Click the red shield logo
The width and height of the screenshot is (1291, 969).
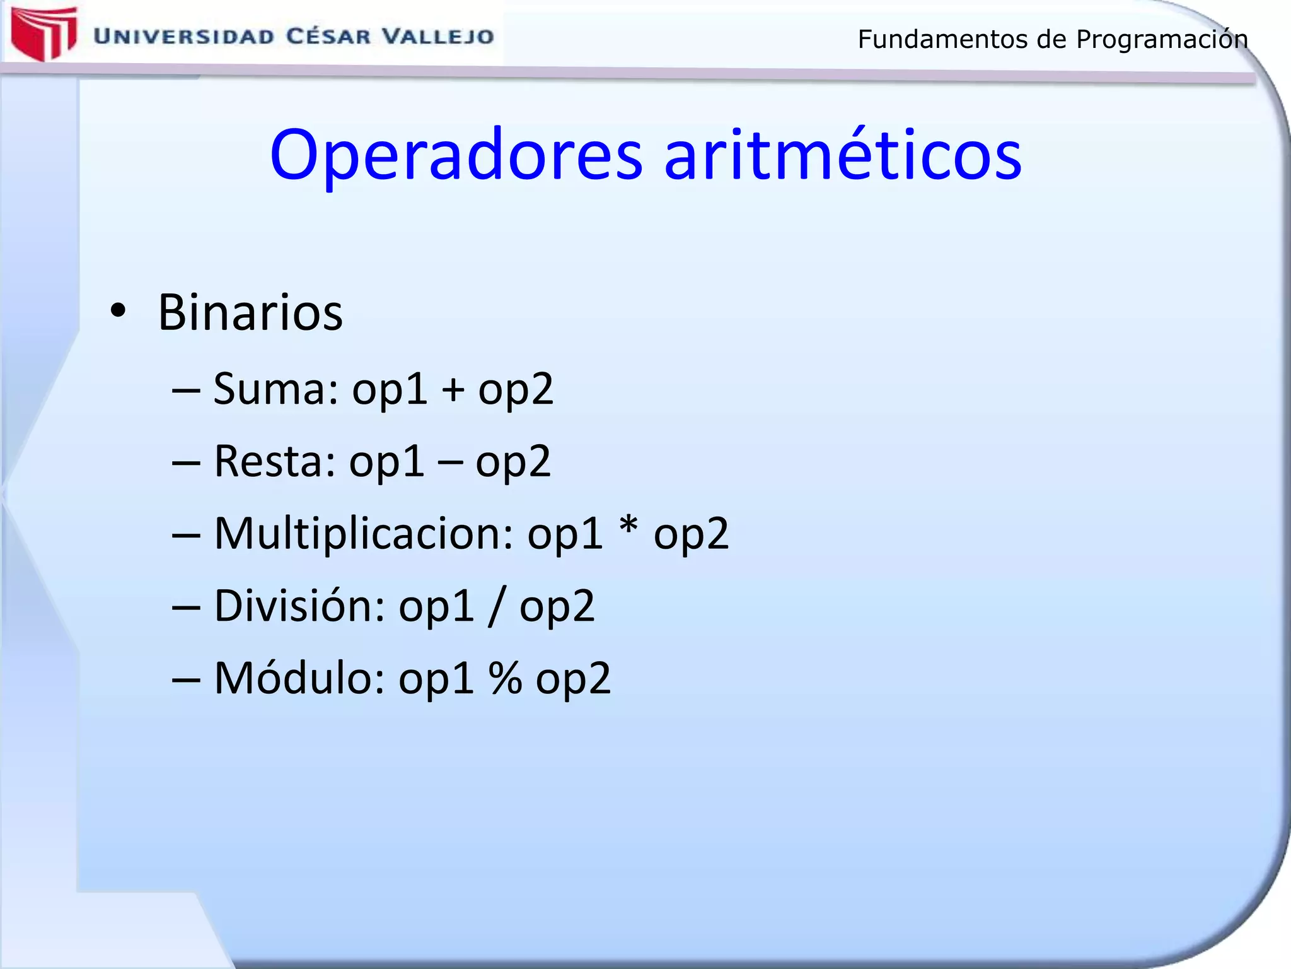click(x=43, y=33)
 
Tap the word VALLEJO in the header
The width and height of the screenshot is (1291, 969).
click(x=438, y=37)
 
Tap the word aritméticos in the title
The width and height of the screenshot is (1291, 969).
click(x=842, y=155)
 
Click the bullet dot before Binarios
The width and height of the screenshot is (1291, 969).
click(x=117, y=312)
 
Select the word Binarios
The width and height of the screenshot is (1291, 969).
click(x=250, y=312)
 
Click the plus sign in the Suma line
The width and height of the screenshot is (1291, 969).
click(x=453, y=389)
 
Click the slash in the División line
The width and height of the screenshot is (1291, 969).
click(x=496, y=606)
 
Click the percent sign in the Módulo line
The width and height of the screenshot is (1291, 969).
click(x=505, y=678)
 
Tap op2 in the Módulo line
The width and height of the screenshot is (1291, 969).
click(x=573, y=681)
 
